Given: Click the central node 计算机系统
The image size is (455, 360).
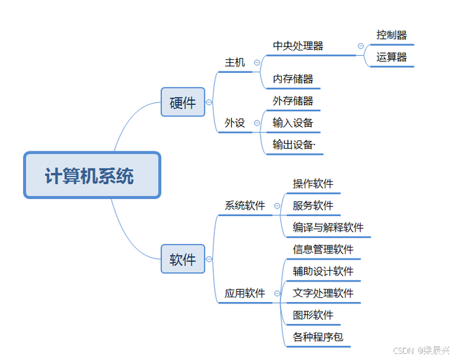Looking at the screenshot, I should point(92,175).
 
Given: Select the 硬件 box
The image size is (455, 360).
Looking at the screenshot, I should point(183,102).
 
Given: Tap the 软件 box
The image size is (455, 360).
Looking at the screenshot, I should point(183,259).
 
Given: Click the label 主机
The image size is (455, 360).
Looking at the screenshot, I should point(235,62).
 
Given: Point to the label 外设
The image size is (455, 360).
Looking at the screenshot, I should point(235,123).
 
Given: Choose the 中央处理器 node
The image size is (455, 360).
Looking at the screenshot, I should point(298,46).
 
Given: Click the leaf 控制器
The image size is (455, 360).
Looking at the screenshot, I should point(392,34).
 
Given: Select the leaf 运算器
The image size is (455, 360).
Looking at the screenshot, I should point(392,57).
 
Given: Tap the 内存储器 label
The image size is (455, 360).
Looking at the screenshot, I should point(293,78).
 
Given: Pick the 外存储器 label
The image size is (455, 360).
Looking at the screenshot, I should point(293,101).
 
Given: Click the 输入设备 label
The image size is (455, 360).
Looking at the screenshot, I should point(293,123).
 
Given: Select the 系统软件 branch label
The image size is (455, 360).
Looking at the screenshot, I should point(245,205).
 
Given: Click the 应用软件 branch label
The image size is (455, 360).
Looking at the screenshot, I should point(245,293).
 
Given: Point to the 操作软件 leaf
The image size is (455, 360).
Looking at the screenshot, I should point(313,183).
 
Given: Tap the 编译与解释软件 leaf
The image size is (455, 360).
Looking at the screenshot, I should point(328,227).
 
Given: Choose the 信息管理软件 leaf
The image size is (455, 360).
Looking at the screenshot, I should point(323,249).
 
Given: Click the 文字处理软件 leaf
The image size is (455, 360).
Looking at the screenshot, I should point(323,293).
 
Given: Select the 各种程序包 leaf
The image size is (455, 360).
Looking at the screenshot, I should point(318,337).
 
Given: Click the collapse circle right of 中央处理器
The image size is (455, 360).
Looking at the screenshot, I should point(360,46).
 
